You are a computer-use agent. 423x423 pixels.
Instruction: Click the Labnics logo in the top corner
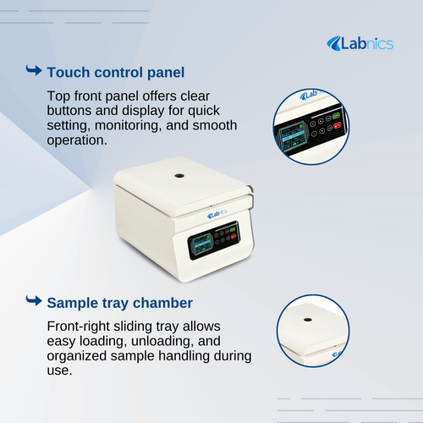tap(360, 43)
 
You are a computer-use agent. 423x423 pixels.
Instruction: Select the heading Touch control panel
tap(116, 73)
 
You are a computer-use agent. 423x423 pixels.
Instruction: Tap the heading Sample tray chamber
tap(120, 303)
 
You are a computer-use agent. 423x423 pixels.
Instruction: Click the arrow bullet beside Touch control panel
tap(34, 70)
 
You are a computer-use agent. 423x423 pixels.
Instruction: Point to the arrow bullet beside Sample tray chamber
tap(34, 300)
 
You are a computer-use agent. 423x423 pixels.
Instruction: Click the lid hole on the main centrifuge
tap(179, 176)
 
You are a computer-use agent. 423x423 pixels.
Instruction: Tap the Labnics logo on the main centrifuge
tap(217, 214)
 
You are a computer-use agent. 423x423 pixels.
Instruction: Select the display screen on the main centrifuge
tap(201, 244)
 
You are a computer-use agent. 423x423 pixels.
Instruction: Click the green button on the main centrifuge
tap(233, 229)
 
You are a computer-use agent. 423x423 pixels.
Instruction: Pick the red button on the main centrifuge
tap(233, 236)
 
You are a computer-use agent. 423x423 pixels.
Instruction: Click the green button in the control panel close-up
tap(336, 116)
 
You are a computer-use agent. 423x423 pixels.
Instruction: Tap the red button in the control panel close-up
tap(338, 125)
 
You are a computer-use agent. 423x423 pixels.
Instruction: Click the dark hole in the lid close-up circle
tap(308, 320)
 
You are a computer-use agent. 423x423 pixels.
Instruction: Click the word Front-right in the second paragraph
tap(78, 327)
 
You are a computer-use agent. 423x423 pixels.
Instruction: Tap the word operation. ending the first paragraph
tap(77, 140)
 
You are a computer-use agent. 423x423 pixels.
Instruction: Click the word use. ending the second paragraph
tap(59, 371)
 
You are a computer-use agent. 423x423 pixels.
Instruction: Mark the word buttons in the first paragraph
tap(69, 111)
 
